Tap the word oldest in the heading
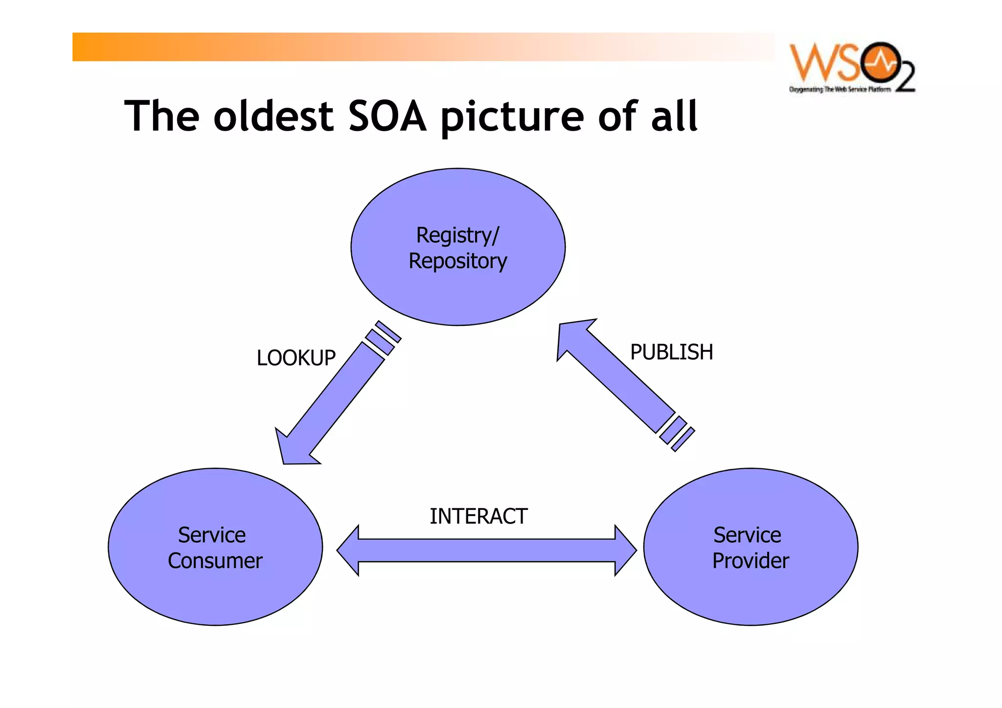pos(273,116)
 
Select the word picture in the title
pos(512,117)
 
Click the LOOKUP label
pos(296,358)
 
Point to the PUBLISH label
pos(671,352)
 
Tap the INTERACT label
pos(478,516)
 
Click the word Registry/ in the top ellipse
pos(457,235)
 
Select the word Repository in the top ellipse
pos(457,261)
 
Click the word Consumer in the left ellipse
pos(215,561)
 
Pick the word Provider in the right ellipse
pos(751,561)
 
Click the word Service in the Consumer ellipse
pos(211,535)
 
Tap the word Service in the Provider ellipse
pos(747,535)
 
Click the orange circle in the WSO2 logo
pos(881,63)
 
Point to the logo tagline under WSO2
pos(840,90)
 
